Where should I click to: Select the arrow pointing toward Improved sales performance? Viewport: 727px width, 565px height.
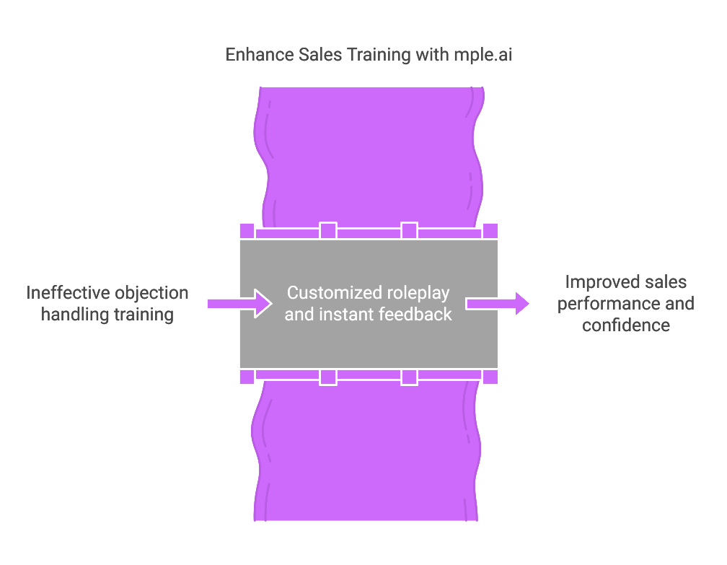tap(498, 304)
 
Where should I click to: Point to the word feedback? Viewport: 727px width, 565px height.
tap(417, 315)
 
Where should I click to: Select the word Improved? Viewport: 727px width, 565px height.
tap(596, 282)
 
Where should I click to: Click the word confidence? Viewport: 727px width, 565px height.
tap(626, 325)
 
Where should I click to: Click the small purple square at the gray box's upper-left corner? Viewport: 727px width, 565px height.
tap(247, 231)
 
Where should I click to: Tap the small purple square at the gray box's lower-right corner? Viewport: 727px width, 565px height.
tap(490, 377)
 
